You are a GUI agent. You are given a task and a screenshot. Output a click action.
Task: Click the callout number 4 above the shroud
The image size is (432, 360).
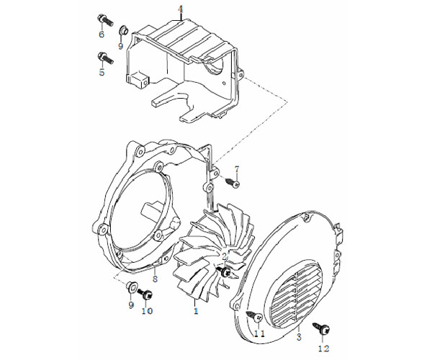pos(180,9)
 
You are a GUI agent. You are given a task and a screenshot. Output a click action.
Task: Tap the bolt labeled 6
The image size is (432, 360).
pos(105,20)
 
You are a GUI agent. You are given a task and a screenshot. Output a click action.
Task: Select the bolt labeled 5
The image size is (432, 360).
pos(106,58)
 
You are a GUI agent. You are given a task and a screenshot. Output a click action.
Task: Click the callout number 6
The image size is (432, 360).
pos(102,35)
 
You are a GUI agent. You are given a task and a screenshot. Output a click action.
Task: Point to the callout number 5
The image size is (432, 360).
pos(102,72)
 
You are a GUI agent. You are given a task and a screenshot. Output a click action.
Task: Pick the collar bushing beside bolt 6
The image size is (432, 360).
pos(123,30)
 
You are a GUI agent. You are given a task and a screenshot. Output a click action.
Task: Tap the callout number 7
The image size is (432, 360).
pos(237,169)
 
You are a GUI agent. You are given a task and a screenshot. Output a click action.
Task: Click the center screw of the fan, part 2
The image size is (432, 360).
pos(224,271)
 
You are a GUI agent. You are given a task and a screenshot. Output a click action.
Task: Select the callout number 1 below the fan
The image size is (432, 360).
pos(196,311)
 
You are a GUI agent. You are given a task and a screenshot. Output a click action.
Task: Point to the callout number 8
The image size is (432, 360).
pos(155,279)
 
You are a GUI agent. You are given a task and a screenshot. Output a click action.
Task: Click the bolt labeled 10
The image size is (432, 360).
pos(145,294)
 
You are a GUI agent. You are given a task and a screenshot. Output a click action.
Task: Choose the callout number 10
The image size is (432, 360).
pos(148,311)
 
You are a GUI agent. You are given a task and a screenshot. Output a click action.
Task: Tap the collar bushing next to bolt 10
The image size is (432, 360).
pos(131,287)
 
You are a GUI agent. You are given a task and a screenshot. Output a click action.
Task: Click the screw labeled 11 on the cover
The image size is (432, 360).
pos(254,317)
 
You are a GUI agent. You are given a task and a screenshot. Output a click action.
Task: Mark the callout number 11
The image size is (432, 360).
pos(259,333)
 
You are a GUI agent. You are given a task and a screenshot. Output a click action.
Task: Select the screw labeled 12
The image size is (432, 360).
pos(321,328)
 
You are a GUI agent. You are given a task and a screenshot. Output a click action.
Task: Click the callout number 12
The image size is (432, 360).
pos(324,348)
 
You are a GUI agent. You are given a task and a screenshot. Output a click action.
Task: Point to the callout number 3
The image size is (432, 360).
pos(300,336)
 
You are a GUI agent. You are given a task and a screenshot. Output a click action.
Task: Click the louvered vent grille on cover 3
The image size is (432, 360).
pos(294,292)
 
